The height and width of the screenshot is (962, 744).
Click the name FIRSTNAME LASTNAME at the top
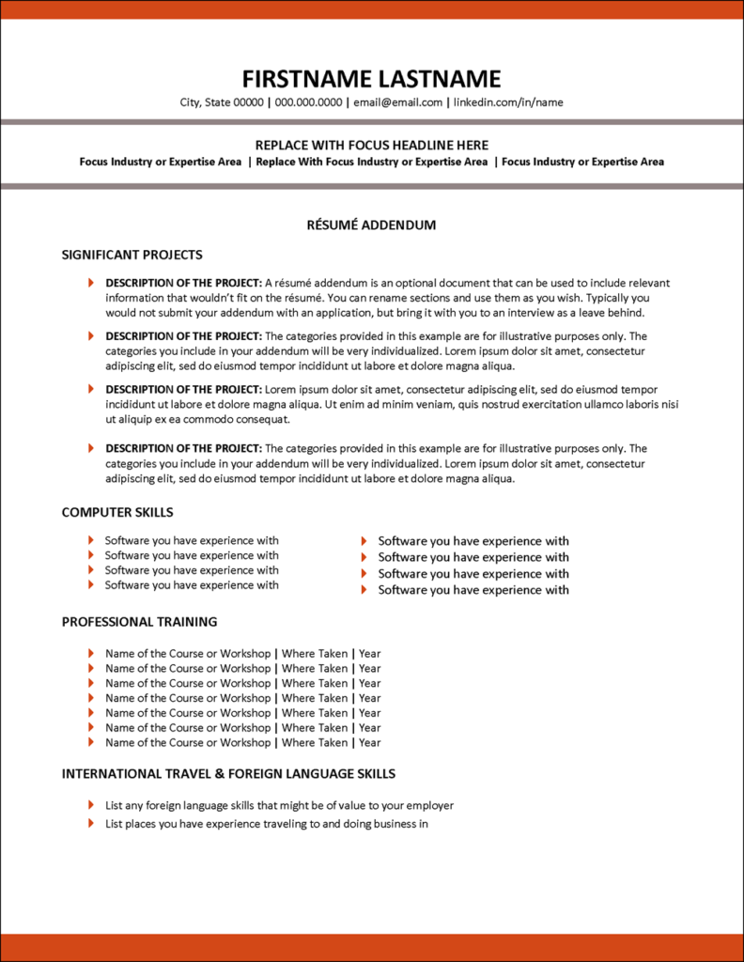tap(371, 79)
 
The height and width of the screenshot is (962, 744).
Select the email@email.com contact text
tap(398, 102)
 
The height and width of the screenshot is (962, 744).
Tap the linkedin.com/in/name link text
tap(508, 102)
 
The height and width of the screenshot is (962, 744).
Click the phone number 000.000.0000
tap(308, 102)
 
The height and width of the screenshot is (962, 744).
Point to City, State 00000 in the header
tap(222, 102)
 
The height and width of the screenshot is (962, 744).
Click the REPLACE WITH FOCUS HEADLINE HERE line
tap(371, 145)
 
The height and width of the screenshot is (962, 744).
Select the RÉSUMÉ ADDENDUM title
tap(371, 225)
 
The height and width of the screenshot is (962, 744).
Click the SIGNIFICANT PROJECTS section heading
tap(132, 255)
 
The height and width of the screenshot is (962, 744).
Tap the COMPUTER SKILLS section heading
tap(117, 512)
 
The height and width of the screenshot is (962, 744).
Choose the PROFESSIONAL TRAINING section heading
tap(139, 622)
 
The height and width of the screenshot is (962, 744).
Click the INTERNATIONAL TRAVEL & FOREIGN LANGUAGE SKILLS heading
tap(228, 774)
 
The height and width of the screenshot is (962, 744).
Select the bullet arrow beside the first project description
tap(91, 283)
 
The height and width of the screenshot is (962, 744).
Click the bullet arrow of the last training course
tap(91, 742)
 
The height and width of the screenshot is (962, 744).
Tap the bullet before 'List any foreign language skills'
tap(91, 805)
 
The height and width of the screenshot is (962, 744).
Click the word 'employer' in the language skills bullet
tap(429, 805)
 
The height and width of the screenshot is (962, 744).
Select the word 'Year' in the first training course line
tap(369, 654)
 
